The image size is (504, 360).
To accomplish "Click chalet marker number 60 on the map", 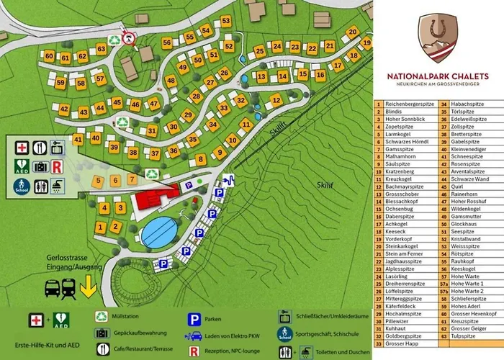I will click(49, 55).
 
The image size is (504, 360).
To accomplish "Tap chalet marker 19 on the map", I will click(366, 42).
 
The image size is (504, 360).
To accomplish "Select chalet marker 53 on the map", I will click(226, 20).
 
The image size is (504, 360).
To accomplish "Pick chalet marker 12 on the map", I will click(275, 100).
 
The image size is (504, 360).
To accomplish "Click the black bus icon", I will click(53, 289).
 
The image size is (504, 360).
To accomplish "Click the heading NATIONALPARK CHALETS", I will click(438, 76).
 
